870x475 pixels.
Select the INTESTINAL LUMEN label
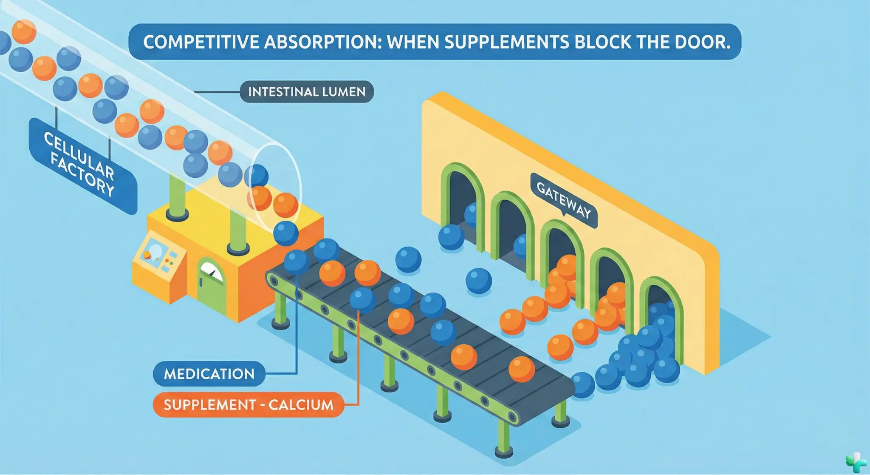click(307, 92)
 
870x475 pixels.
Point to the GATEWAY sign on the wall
click(563, 200)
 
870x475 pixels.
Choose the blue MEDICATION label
click(209, 374)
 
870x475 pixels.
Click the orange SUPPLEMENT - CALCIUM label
click(249, 404)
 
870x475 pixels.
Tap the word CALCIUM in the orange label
click(301, 404)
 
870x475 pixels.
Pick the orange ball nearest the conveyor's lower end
click(521, 369)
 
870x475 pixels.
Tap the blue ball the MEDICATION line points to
click(296, 261)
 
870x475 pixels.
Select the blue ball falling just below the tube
click(285, 233)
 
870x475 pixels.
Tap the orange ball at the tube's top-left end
click(24, 31)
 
